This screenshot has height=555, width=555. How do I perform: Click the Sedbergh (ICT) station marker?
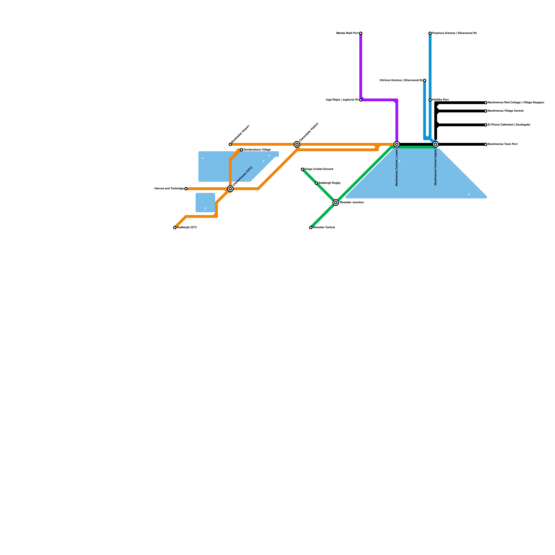point(175,228)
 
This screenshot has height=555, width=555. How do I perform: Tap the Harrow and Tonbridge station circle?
point(186,189)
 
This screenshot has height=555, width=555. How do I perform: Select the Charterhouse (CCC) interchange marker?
point(230,189)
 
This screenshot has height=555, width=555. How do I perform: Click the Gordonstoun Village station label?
point(257,150)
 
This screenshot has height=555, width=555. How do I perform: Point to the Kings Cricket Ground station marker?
point(302,169)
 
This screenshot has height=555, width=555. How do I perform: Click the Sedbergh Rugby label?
point(330,183)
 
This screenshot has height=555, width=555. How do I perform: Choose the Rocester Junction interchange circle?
point(336,203)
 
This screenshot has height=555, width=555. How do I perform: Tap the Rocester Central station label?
point(324,228)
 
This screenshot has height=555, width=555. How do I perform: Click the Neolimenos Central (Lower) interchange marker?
point(397,144)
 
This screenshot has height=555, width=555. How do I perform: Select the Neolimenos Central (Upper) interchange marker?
point(436,144)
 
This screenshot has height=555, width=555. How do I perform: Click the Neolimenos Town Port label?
point(503,144)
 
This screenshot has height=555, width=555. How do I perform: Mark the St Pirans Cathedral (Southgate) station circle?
point(486,125)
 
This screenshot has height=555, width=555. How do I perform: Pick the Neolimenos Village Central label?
point(505,111)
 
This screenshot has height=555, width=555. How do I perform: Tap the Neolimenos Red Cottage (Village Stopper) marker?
point(486,103)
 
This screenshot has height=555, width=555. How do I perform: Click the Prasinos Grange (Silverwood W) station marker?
point(430,33)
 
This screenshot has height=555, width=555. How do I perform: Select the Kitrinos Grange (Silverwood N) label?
point(401,80)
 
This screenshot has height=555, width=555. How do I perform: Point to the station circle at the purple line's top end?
point(361,33)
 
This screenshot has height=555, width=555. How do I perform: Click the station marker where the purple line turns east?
point(361,100)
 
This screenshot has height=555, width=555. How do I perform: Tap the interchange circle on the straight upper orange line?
point(297,144)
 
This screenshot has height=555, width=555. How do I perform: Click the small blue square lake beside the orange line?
point(205,203)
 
